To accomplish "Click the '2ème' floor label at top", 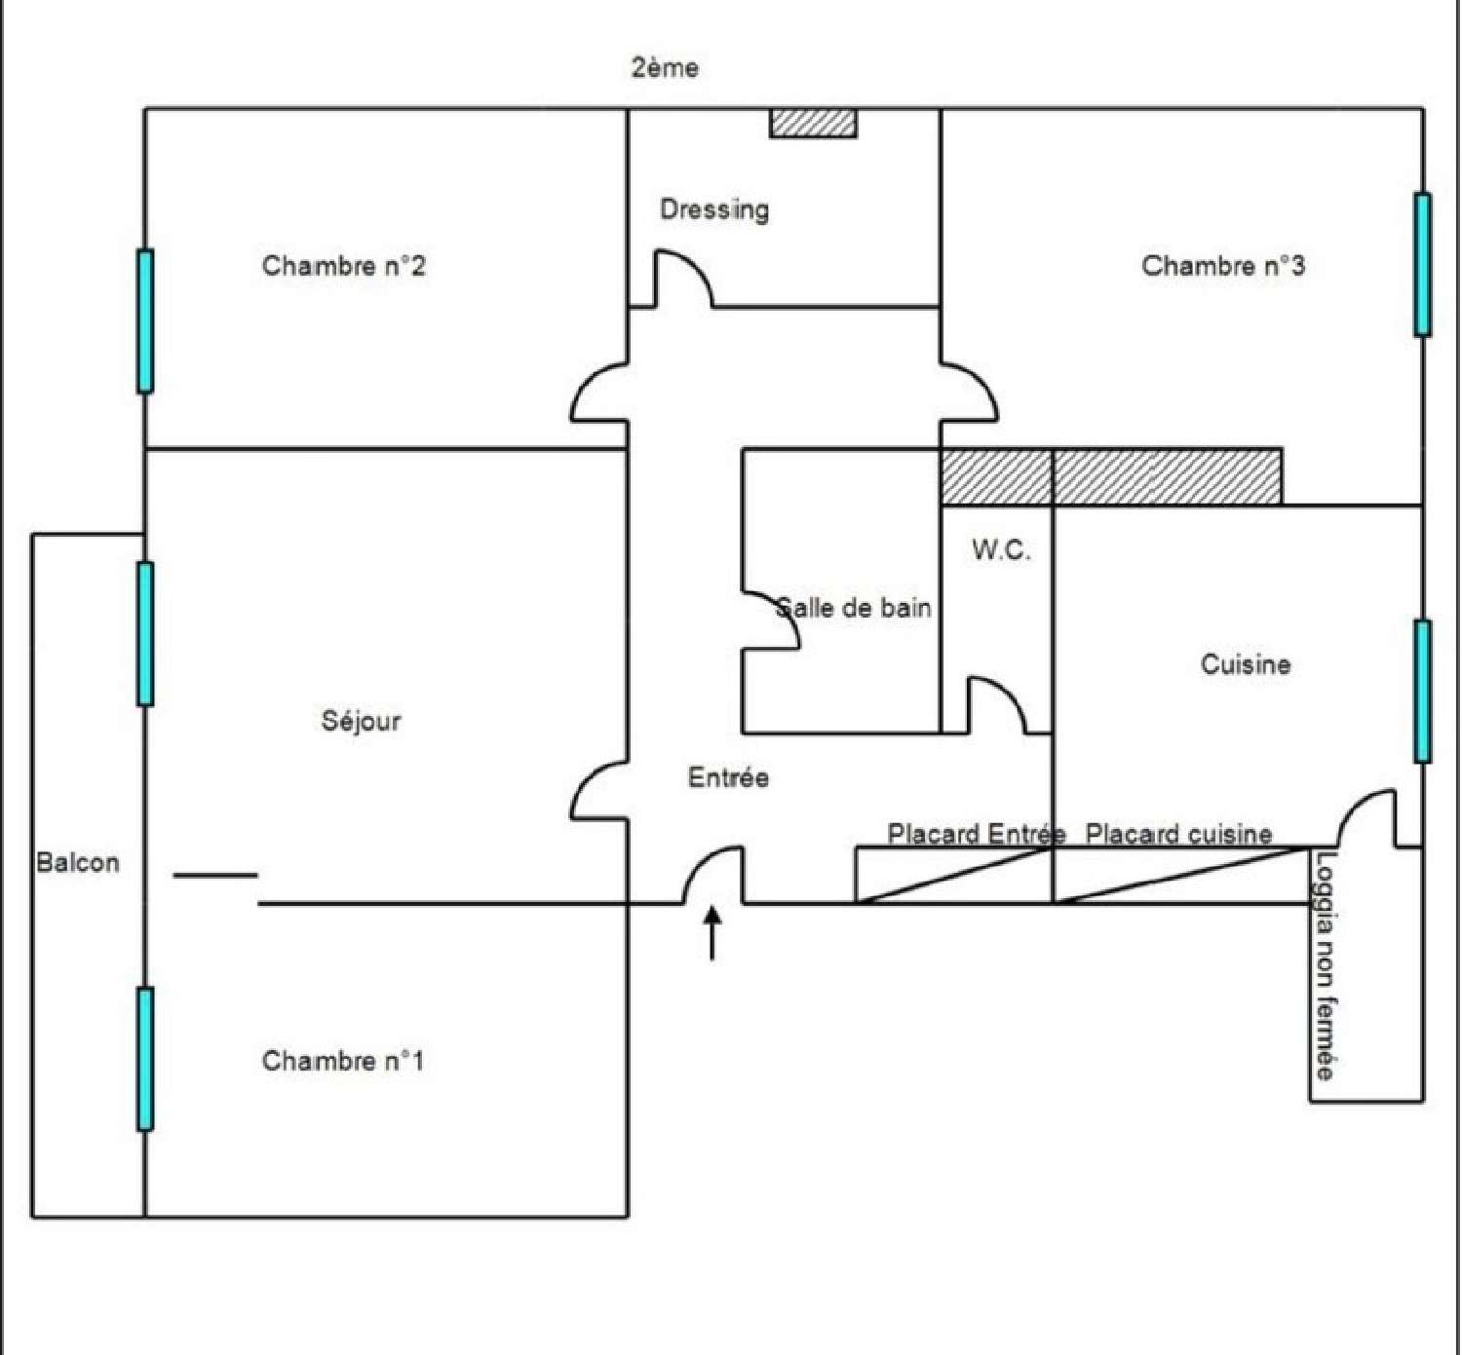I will click(x=665, y=68).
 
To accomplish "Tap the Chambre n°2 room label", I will click(x=343, y=266).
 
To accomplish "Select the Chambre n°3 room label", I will click(x=1222, y=266).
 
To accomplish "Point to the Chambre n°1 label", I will click(x=343, y=1061).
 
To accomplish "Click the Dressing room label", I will click(x=714, y=209).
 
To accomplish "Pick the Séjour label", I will click(x=361, y=721).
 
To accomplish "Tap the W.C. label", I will click(x=1001, y=550).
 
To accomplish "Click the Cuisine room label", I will click(x=1246, y=664).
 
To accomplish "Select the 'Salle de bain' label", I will click(x=854, y=608).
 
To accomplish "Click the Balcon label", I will click(x=78, y=862).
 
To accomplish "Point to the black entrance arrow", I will click(x=713, y=932).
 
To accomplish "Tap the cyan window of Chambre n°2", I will click(x=145, y=320).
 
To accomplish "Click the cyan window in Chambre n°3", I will click(x=1423, y=264).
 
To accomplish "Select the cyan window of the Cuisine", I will click(x=1423, y=690).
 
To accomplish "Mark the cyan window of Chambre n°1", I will click(x=145, y=1059).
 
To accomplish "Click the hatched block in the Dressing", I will click(x=814, y=123).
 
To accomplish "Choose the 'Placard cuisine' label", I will click(x=1178, y=834).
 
